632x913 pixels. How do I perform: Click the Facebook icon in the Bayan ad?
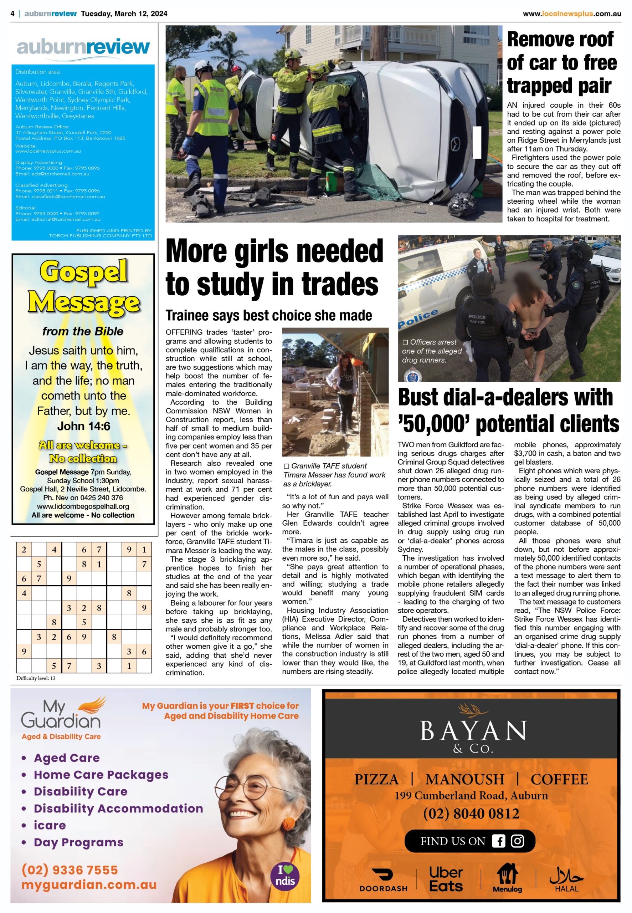point(498,841)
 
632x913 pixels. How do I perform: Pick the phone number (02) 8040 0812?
point(471,814)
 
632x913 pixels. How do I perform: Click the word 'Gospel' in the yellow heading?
point(83,272)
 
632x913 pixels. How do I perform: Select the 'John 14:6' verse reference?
point(83,426)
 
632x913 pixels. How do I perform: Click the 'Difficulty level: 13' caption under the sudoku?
point(36,678)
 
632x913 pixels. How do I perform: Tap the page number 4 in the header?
point(13,14)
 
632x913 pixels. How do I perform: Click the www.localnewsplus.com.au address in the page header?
point(571,14)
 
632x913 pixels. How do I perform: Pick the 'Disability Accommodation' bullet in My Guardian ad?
point(118,809)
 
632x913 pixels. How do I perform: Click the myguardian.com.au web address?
point(89,885)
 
